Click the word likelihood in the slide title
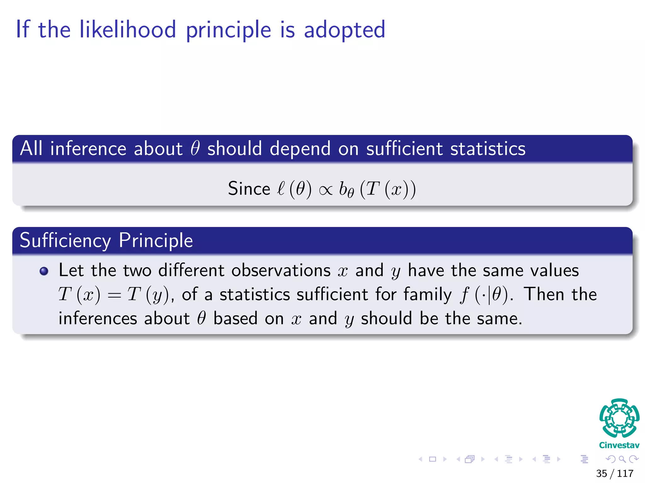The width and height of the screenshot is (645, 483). [x=128, y=30]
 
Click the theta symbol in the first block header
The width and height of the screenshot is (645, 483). [x=195, y=148]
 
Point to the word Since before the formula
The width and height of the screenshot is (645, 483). [x=249, y=189]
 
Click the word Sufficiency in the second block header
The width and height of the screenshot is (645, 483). [x=65, y=241]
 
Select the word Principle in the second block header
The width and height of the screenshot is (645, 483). [x=156, y=241]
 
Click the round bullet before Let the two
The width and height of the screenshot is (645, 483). [x=44, y=271]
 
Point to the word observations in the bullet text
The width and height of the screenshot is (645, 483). [x=281, y=270]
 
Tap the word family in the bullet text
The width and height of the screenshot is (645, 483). [x=428, y=295]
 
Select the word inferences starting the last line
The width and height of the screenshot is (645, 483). [x=98, y=319]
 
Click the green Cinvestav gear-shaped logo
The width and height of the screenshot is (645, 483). [x=619, y=418]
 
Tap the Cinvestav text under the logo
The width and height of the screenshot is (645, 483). [x=619, y=445]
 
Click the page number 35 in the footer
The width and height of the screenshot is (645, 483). [x=601, y=473]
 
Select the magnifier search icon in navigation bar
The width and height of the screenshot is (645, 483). [x=622, y=459]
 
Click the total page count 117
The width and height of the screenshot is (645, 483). [x=625, y=473]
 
